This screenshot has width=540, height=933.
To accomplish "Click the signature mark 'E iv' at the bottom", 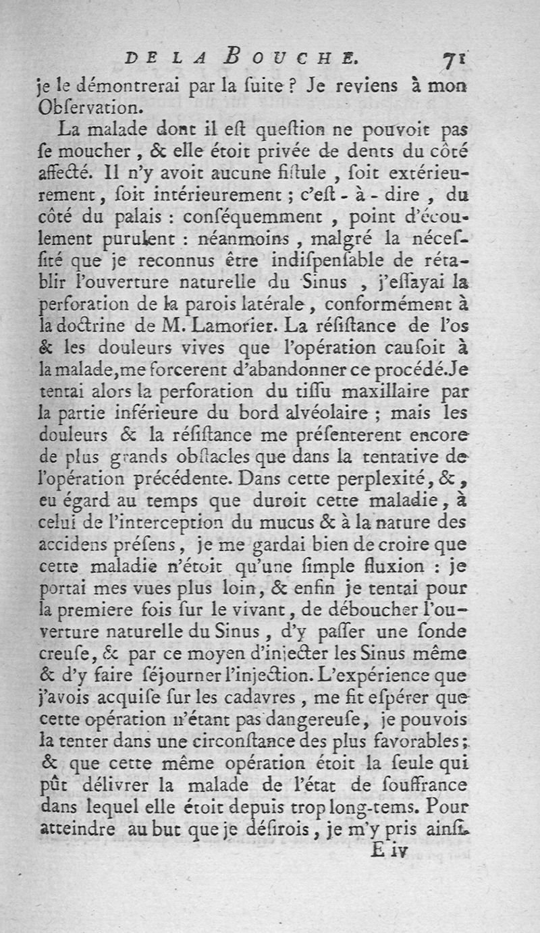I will click(x=391, y=851).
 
